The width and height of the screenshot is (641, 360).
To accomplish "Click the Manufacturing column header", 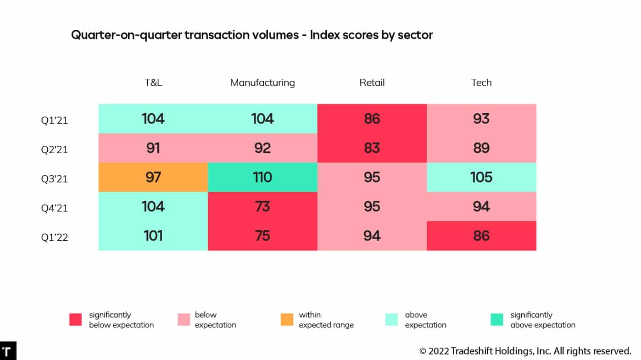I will [x=262, y=83].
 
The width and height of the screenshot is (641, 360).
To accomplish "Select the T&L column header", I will [x=153, y=83].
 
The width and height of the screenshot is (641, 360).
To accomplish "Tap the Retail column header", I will [x=372, y=83].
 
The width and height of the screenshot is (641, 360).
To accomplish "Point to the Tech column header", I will [x=481, y=83].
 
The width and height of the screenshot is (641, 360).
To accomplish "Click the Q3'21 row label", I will [x=54, y=179].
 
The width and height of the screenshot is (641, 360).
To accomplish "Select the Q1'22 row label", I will [x=54, y=237].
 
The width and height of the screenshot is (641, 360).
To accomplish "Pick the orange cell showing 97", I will [x=153, y=177].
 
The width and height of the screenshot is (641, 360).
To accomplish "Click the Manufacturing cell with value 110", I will [x=262, y=177].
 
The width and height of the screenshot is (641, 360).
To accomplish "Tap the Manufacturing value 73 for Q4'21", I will [x=262, y=206].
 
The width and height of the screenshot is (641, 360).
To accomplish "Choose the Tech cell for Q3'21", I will [x=481, y=177].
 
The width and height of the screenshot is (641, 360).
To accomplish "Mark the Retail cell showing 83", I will [x=372, y=148].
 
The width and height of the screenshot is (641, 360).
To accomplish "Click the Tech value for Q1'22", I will [x=481, y=236].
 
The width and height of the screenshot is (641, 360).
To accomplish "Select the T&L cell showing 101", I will [x=153, y=236].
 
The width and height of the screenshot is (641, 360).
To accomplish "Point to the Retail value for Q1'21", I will [x=372, y=119].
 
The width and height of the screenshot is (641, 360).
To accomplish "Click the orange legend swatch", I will [x=287, y=320].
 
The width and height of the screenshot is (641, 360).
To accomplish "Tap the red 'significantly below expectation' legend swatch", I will [x=75, y=320].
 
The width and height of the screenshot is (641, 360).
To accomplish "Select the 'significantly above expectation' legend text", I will [x=542, y=320].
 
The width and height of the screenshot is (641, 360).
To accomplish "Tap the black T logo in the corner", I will [x=8, y=351].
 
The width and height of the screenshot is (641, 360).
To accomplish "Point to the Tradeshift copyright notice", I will [x=525, y=351].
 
